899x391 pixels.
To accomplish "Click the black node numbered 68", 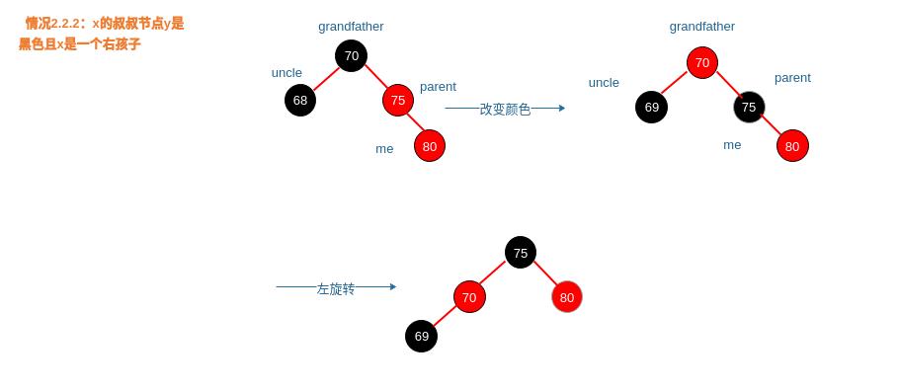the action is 300,100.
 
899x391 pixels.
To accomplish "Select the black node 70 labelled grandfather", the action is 351,56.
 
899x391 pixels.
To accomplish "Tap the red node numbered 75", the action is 397,100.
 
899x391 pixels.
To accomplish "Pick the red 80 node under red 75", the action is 429,146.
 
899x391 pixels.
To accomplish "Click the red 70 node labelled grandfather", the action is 701,63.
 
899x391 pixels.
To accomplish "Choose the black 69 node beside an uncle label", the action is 651,107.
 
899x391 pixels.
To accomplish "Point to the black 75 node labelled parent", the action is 749,107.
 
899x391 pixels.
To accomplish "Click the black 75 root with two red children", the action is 520,253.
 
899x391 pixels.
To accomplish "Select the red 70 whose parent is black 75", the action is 469,297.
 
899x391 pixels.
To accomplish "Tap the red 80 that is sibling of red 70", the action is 566,297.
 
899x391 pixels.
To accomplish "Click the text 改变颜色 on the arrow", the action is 505,110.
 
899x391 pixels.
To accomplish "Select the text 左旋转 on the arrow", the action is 335,289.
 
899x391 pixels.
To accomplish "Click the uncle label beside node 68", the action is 286,73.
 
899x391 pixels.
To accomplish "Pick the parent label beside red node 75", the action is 438,87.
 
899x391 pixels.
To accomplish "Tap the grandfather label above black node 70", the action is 351,27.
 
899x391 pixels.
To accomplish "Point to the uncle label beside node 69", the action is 604,83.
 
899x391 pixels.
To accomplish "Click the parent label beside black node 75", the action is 792,78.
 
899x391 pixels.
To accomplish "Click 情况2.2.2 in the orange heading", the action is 52,24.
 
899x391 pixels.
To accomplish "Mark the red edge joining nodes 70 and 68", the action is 325,79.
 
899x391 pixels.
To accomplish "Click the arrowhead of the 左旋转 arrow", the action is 393,287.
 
